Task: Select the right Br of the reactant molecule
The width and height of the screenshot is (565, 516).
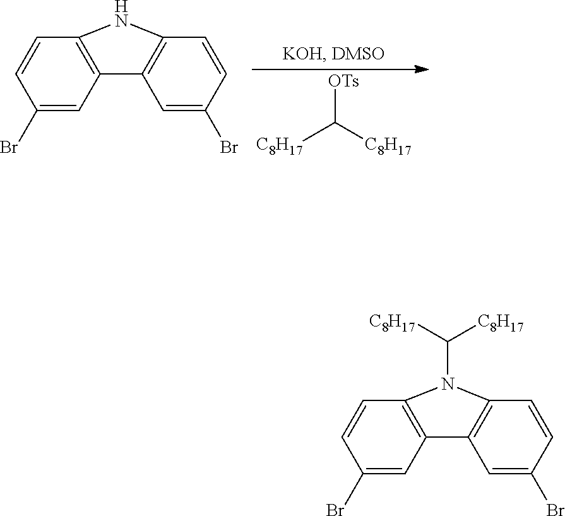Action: tap(228, 148)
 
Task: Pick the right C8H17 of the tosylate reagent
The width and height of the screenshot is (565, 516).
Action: tap(388, 146)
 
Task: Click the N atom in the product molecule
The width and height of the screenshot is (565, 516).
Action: tap(448, 383)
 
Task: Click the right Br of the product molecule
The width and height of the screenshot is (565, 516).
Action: tap(554, 508)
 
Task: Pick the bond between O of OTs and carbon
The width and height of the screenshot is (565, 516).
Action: tap(336, 107)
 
